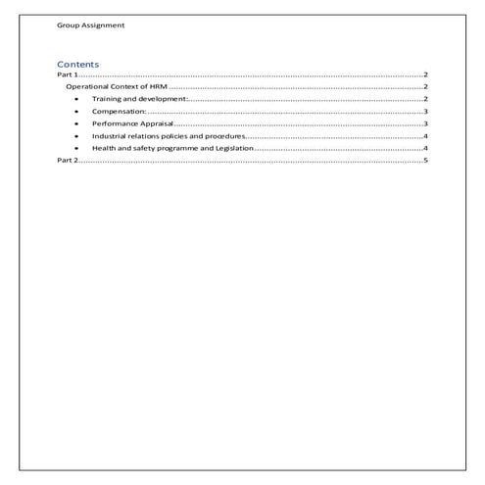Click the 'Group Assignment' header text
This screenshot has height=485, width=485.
pos(90,24)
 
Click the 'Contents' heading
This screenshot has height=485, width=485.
pos(77,65)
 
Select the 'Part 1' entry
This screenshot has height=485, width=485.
pos(68,75)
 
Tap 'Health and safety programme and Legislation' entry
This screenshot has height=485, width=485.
pos(172,147)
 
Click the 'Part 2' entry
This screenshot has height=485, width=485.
pos(68,159)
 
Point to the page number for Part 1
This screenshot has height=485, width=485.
pos(426,75)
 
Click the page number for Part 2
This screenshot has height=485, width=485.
pos(426,159)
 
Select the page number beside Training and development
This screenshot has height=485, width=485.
pos(426,99)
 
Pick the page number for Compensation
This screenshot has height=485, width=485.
pos(426,112)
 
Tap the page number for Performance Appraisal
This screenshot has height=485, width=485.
pos(426,123)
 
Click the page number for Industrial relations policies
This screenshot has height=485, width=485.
pos(426,135)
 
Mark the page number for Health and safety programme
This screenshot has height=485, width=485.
pos(426,147)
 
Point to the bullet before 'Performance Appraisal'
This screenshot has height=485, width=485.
pos(76,123)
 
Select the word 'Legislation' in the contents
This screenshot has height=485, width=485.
pos(234,147)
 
